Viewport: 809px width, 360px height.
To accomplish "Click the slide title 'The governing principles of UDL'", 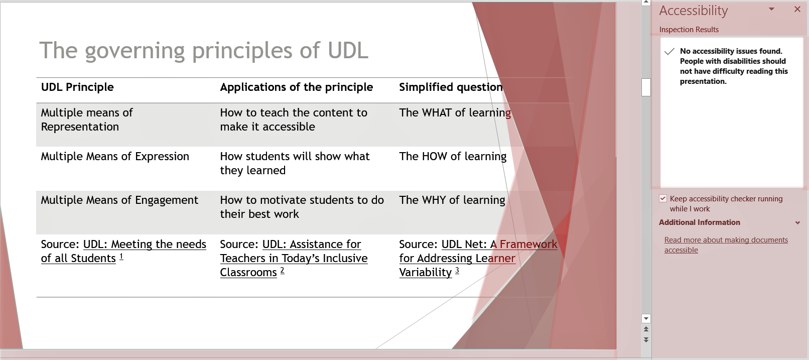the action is tap(204, 50).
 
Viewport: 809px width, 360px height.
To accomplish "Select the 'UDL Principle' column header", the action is tap(77, 87).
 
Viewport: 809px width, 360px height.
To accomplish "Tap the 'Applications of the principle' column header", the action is tap(297, 87).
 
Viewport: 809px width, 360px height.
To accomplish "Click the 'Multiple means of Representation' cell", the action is tap(87, 119).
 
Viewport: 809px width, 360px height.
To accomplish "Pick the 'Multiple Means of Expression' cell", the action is tap(115, 157).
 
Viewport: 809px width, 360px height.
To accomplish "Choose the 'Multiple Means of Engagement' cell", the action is tap(119, 200).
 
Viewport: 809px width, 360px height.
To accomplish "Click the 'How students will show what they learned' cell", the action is tap(295, 163).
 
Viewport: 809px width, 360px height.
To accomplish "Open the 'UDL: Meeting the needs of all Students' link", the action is tap(123, 251).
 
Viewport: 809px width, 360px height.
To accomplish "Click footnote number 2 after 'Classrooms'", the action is tap(283, 270).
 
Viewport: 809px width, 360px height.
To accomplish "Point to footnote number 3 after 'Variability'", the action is tap(457, 270).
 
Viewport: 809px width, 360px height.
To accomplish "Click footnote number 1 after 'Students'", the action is tap(121, 256).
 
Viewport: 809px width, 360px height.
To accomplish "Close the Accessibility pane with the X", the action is tap(797, 10).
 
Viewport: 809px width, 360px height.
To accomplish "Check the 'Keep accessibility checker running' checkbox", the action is tap(663, 198).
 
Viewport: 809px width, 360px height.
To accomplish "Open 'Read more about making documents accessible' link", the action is tap(726, 245).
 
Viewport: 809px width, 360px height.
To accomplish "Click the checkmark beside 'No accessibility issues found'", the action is tap(669, 52).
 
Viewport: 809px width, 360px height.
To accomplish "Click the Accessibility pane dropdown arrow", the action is tap(771, 9).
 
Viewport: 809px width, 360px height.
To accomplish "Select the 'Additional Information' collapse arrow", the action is tap(798, 222).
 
